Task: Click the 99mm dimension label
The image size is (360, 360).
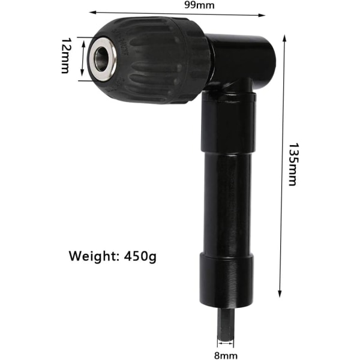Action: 199,5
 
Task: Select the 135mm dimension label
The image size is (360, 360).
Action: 293,164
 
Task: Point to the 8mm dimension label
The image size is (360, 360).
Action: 226,356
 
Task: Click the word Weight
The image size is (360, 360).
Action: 94,256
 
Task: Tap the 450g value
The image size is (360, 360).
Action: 140,256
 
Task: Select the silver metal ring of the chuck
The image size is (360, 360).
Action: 102,59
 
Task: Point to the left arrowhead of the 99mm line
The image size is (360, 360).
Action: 92,13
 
